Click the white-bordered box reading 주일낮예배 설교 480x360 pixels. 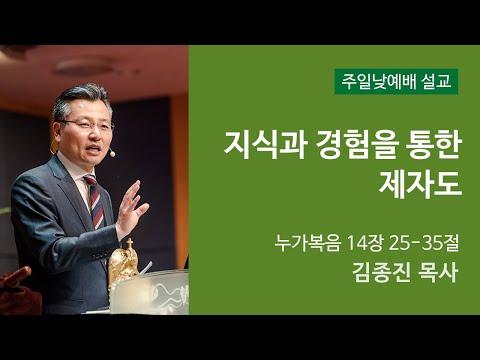point(397,81)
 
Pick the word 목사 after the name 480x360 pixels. point(433,273)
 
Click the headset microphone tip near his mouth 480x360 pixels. point(113,154)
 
